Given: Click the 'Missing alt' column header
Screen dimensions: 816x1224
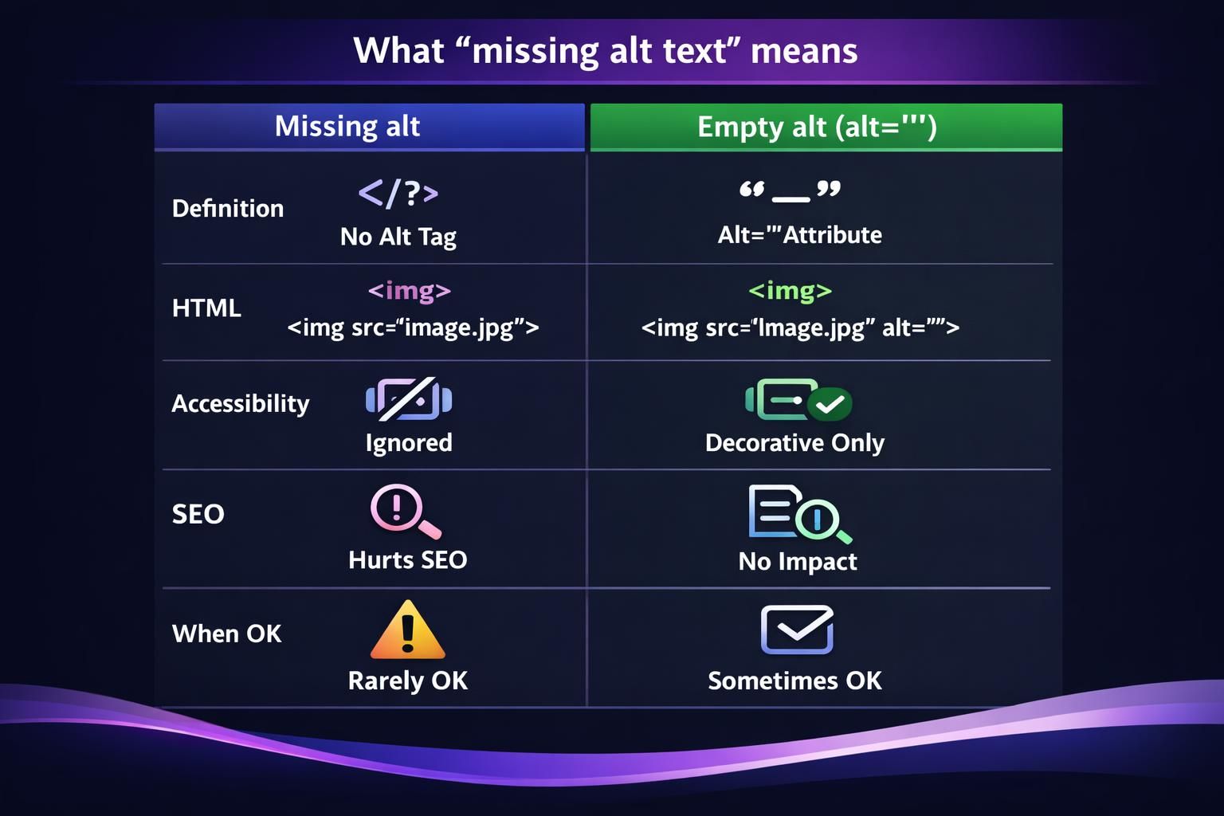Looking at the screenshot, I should click(x=347, y=127).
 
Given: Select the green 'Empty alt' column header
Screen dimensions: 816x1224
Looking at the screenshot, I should click(x=817, y=127).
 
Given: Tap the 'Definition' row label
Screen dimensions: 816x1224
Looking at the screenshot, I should click(x=228, y=209).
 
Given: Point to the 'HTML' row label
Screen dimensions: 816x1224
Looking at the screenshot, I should click(x=206, y=308).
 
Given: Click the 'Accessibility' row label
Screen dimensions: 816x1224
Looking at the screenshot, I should click(x=241, y=404).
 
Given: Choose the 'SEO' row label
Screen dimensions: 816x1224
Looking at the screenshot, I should click(x=198, y=514).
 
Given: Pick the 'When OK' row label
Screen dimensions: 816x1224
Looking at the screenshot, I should click(x=227, y=634).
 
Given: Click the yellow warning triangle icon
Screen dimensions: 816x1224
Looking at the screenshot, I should click(x=407, y=630).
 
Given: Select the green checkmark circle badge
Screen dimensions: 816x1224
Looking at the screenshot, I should click(x=830, y=404).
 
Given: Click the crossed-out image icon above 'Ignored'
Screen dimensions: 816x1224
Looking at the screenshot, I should click(x=408, y=398).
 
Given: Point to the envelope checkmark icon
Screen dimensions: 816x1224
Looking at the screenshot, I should click(x=797, y=630).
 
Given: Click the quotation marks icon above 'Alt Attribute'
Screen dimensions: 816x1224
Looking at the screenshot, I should click(x=789, y=191).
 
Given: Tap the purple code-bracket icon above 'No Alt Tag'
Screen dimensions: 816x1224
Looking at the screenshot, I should click(x=398, y=193).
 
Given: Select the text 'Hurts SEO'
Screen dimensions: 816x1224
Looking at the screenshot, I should click(x=408, y=560).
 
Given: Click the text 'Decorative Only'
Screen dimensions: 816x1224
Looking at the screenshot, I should click(x=794, y=443).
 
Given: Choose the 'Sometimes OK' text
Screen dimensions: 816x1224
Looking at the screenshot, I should click(x=794, y=681).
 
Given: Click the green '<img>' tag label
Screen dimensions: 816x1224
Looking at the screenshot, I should click(x=790, y=291).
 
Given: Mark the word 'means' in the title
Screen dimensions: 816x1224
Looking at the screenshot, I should click(x=804, y=51).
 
